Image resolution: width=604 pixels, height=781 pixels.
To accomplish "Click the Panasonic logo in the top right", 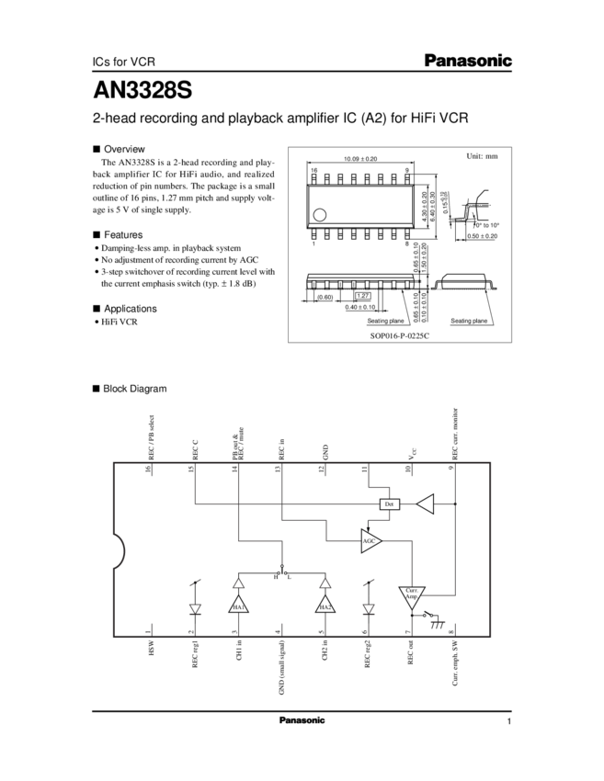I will point(468,61).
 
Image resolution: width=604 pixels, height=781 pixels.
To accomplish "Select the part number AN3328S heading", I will point(142,91).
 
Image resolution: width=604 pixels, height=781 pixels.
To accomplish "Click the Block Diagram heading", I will point(133,390).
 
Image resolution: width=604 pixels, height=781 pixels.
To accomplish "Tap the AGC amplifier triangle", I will point(371,540).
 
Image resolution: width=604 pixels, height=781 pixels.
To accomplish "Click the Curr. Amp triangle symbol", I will point(411,596).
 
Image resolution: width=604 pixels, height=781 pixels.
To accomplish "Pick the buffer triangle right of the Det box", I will point(426,504).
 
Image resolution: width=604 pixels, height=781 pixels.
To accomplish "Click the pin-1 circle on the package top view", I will point(320,214).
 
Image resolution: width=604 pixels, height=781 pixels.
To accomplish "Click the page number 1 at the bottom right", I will point(507,721).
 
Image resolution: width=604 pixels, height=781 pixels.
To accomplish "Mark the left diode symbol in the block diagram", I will point(194,608).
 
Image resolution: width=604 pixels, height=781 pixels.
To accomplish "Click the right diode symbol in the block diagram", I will point(368,608).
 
